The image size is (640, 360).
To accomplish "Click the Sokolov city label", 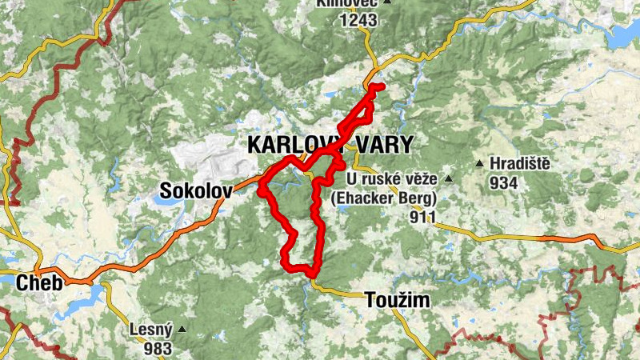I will [x=196, y=190].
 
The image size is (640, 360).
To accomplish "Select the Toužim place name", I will [x=397, y=301].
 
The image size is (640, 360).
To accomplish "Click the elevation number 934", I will [x=505, y=183].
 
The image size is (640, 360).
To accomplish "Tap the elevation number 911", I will [x=422, y=217].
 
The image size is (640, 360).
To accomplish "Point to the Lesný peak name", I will [x=150, y=329].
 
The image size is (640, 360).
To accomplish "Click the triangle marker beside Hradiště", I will [x=479, y=164].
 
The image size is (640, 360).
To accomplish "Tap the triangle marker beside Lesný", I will [x=182, y=329].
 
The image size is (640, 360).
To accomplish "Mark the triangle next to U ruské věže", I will [x=449, y=178].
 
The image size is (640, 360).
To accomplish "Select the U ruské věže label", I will [x=391, y=178].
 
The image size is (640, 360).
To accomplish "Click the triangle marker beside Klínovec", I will [x=387, y=2].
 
